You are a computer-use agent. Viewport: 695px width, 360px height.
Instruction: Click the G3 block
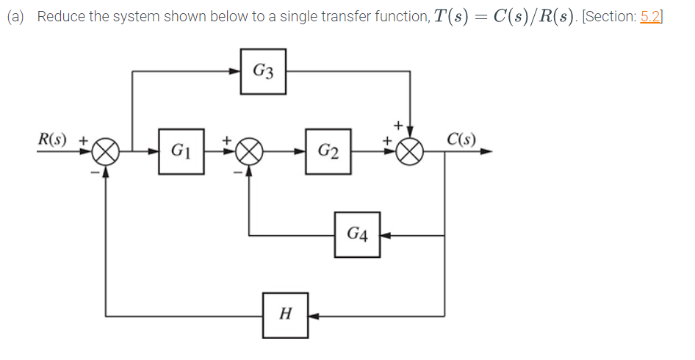tap(263, 71)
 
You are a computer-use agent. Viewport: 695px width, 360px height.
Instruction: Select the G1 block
tap(180, 152)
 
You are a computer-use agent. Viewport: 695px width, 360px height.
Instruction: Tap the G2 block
tap(328, 152)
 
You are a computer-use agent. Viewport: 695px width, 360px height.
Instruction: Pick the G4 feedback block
tap(357, 235)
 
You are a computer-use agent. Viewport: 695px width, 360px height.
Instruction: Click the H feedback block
tap(286, 315)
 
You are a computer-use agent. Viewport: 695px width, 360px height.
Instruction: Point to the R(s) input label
tap(54, 137)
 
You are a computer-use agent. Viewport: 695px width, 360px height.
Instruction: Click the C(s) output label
tap(461, 138)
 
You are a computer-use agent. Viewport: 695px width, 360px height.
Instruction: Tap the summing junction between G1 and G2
tap(249, 152)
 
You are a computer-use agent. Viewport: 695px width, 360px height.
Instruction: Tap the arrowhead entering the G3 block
tap(236, 71)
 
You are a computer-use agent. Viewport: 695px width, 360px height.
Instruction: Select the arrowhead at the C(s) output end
tap(486, 152)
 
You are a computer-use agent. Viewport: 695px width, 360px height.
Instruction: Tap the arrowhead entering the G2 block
tap(301, 152)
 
